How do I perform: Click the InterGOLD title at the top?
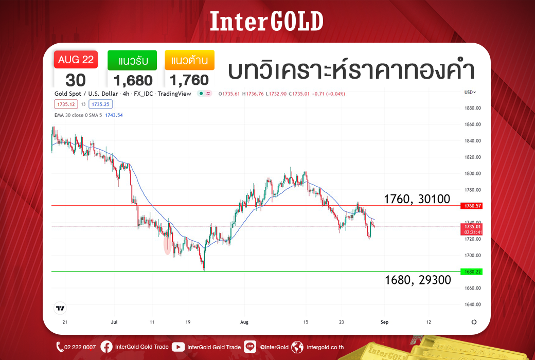pos(266,21)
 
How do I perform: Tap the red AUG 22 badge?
pos(76,59)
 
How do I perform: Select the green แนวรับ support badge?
pos(132,60)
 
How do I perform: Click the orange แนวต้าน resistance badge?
pos(189,60)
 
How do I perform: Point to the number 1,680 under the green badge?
pos(133,81)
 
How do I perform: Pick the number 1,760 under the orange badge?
pos(189,80)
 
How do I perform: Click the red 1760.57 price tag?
pos(471,206)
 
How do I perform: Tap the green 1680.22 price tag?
pos(471,272)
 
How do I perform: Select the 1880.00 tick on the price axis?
pos(473,108)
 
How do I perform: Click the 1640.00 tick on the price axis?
pos(473,304)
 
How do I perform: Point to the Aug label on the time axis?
pos(244,322)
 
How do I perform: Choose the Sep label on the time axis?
pos(385,322)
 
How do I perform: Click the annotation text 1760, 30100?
pos(417,199)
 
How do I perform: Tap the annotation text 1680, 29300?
pos(418,280)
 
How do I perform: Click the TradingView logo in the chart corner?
pos(60,308)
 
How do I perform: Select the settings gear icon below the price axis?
pos(474,322)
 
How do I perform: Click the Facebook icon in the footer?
pos(106,347)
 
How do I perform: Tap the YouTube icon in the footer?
pos(178,347)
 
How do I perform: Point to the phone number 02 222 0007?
pos(80,347)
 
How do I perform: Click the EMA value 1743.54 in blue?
pos(114,115)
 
